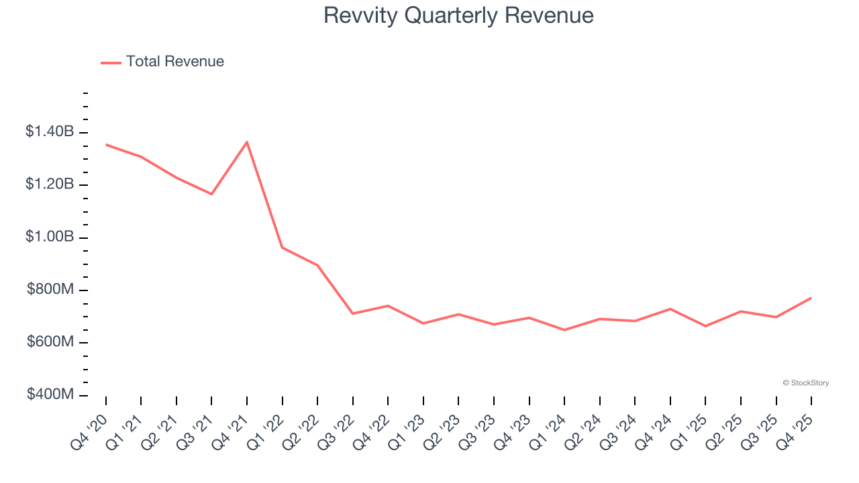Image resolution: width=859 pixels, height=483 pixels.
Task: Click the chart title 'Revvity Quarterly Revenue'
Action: pyautogui.click(x=458, y=15)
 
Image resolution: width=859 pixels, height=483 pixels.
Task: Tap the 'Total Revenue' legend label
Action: pyautogui.click(x=174, y=62)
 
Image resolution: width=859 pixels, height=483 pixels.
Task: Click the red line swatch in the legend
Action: pyautogui.click(x=111, y=62)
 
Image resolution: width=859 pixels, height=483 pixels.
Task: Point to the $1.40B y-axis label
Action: pyautogui.click(x=50, y=132)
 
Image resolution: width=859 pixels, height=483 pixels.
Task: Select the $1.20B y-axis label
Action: pyautogui.click(x=50, y=184)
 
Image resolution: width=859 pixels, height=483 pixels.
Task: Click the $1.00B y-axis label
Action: pyautogui.click(x=50, y=237)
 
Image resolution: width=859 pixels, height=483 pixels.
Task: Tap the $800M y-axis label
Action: pyautogui.click(x=50, y=290)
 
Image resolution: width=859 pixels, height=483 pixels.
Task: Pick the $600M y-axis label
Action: pyautogui.click(x=50, y=342)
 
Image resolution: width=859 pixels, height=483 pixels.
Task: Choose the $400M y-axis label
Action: pyautogui.click(x=50, y=394)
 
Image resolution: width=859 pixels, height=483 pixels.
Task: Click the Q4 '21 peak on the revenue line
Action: pyautogui.click(x=247, y=142)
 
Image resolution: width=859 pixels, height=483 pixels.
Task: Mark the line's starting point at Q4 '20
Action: pyautogui.click(x=106, y=144)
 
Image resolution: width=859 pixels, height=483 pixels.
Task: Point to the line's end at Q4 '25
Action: pyautogui.click(x=811, y=298)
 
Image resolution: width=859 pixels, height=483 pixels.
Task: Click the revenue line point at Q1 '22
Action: pyautogui.click(x=283, y=248)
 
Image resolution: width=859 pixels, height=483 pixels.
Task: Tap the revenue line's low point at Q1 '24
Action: pyautogui.click(x=564, y=330)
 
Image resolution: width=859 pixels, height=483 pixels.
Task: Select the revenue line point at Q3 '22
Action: pyautogui.click(x=353, y=313)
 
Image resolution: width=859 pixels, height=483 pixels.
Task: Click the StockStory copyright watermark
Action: pyautogui.click(x=805, y=383)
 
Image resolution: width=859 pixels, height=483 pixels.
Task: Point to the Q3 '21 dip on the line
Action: pyautogui.click(x=212, y=194)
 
